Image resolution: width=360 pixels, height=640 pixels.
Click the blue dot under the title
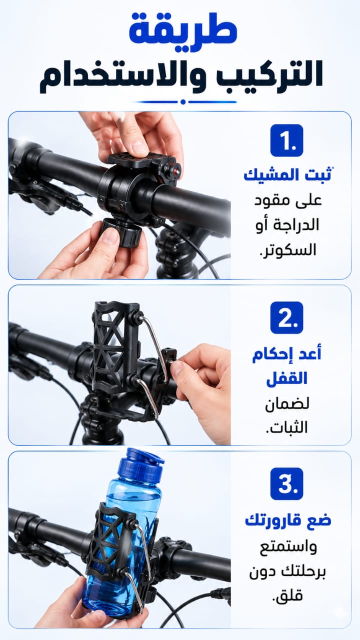click(183, 101)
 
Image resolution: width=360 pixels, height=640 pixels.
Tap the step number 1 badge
click(286, 140)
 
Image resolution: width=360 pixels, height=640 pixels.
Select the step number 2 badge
click(286, 317)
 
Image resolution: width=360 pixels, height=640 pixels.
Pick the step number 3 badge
click(286, 483)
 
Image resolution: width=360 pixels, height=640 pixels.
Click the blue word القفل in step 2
click(286, 378)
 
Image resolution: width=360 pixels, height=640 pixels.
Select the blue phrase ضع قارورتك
click(288, 520)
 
